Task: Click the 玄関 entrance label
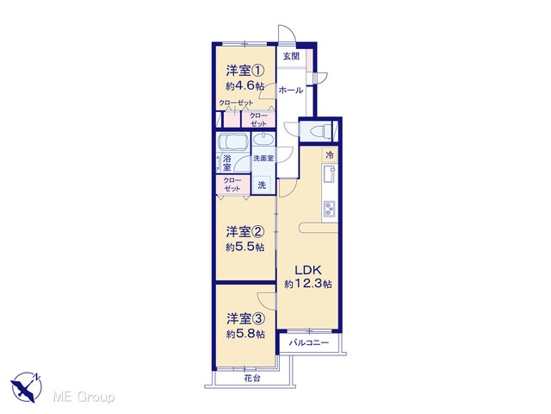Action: (x=291, y=56)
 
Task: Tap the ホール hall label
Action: (x=291, y=90)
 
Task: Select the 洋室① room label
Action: (x=245, y=71)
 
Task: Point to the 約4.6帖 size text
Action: (x=245, y=86)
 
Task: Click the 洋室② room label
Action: (x=245, y=232)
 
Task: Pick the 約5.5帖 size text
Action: (x=245, y=247)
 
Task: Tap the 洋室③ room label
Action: (x=245, y=318)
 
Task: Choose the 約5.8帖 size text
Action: (x=245, y=334)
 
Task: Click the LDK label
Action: (x=308, y=270)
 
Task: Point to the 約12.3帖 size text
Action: (x=308, y=284)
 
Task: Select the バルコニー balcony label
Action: (x=309, y=342)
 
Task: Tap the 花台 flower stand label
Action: (x=252, y=379)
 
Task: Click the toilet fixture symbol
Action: (x=319, y=130)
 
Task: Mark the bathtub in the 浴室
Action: (x=233, y=141)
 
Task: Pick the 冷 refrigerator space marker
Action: (x=330, y=154)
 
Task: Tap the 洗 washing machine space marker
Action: (x=262, y=185)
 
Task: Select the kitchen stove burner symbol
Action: (x=329, y=209)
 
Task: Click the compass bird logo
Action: (x=27, y=387)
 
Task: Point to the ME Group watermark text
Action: (x=84, y=398)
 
